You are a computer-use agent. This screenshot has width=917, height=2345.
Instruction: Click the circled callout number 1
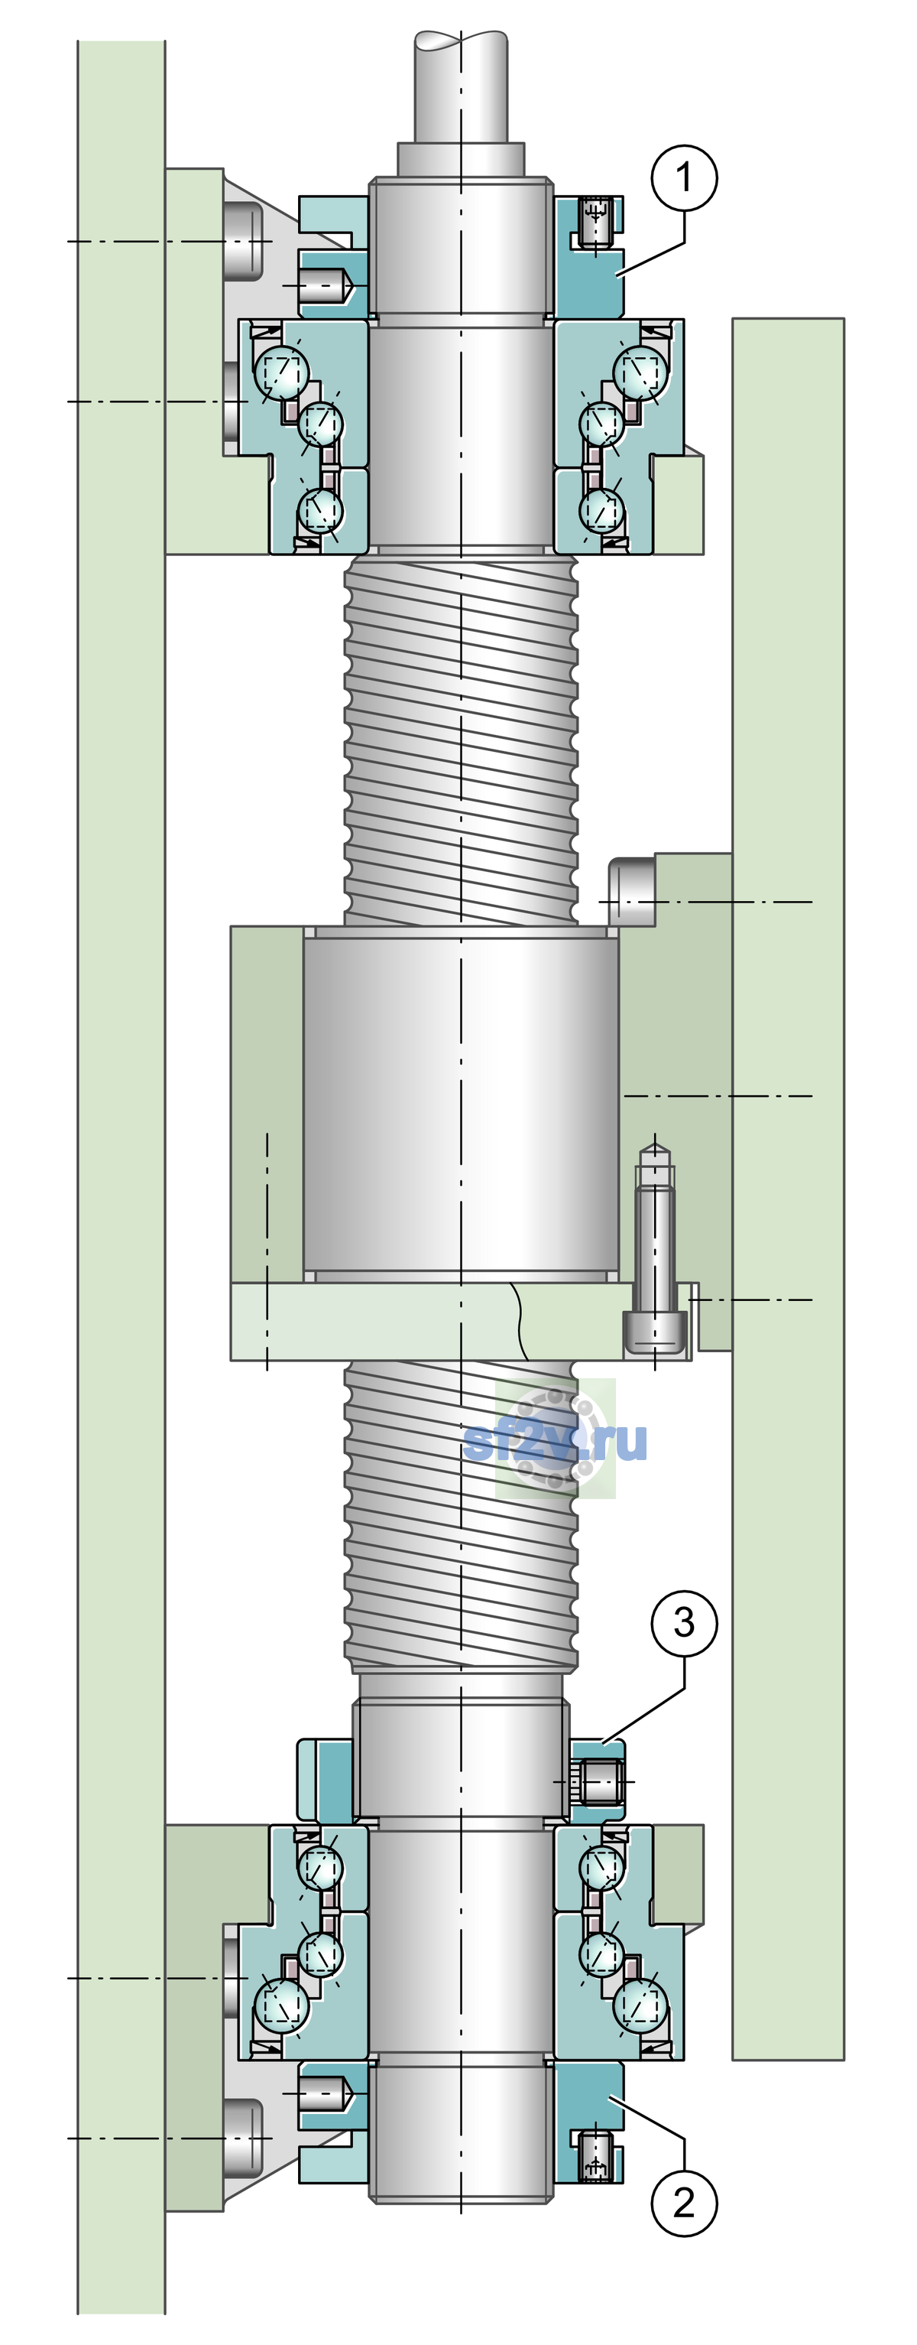click(684, 177)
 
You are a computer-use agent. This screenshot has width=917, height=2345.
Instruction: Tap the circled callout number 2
click(684, 2202)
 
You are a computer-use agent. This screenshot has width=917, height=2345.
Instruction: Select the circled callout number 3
click(684, 1622)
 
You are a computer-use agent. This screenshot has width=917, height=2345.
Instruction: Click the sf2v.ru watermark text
click(555, 1442)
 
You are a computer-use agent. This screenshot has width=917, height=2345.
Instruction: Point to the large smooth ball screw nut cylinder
click(462, 1104)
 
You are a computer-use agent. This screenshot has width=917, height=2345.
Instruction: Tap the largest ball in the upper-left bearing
click(282, 372)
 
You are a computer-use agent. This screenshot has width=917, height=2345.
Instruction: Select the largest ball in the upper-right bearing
click(640, 372)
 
